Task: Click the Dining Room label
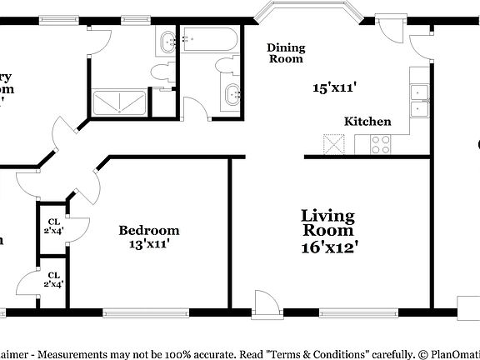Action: [285, 53]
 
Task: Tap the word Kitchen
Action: [367, 122]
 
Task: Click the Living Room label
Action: [327, 223]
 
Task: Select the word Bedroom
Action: [148, 230]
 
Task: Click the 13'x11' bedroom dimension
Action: [148, 244]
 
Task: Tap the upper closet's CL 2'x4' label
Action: [53, 226]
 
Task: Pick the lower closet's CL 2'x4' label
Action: [53, 279]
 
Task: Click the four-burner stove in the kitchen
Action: [380, 145]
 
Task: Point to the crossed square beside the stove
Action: [332, 144]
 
